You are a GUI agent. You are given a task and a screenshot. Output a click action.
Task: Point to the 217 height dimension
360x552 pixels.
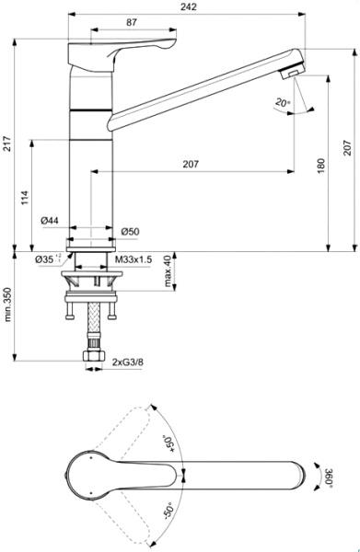(7, 143)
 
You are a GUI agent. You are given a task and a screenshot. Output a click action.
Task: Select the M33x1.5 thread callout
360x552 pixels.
(134, 260)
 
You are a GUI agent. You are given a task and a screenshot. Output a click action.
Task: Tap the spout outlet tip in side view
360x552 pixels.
(294, 75)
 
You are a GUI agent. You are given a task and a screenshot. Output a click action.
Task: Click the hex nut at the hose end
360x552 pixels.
(94, 355)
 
